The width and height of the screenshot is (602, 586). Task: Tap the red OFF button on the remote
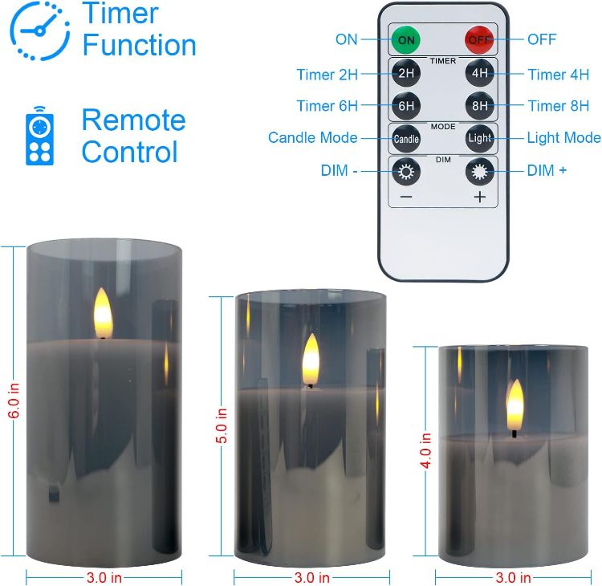pos(479,39)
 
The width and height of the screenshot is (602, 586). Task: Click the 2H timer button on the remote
pos(406,74)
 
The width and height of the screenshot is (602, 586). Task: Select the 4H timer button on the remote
pos(479,74)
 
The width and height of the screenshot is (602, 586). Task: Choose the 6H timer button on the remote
pos(406,105)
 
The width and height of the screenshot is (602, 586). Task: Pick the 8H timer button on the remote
pos(479,105)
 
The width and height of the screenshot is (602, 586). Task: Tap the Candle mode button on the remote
pos(406,138)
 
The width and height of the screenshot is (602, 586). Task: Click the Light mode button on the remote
pos(479,138)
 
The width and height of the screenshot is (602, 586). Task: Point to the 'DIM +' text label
pos(547,171)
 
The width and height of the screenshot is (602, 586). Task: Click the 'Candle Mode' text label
pos(312,138)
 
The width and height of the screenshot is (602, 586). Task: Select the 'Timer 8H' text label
pos(558,106)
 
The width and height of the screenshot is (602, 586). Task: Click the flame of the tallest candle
pos(103,310)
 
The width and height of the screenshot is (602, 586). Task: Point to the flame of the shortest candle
pos(515,405)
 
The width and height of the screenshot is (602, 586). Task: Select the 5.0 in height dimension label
pos(222,426)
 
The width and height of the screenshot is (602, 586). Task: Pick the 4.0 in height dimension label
pos(425,452)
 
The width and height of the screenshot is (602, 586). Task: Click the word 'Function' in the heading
pos(139,45)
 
